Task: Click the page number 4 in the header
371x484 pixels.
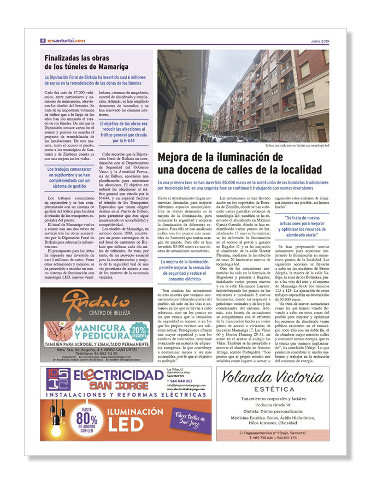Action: point(43,40)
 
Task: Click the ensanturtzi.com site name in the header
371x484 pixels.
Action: point(66,40)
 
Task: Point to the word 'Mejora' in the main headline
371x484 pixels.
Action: point(179,157)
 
